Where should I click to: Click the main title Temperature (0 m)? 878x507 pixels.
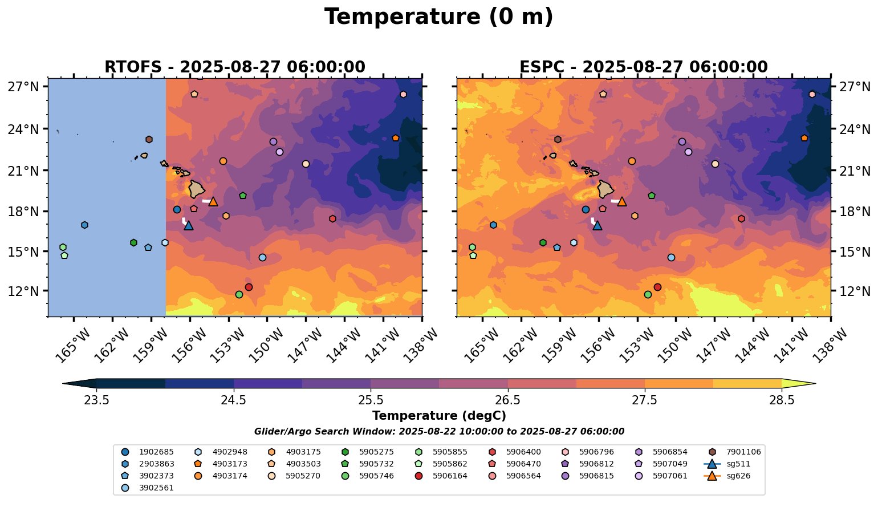point(438,17)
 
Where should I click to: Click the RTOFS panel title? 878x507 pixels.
point(234,67)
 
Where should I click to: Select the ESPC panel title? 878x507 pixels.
point(643,67)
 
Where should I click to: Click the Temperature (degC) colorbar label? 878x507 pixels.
point(438,416)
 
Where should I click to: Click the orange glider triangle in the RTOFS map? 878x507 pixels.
point(213,201)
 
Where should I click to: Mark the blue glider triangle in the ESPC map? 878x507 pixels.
point(597,225)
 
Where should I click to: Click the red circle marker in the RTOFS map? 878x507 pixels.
point(249,287)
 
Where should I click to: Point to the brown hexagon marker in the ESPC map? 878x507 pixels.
point(558,139)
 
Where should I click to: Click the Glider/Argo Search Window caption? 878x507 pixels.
point(438,432)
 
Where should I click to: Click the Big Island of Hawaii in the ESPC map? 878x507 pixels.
point(605,189)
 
